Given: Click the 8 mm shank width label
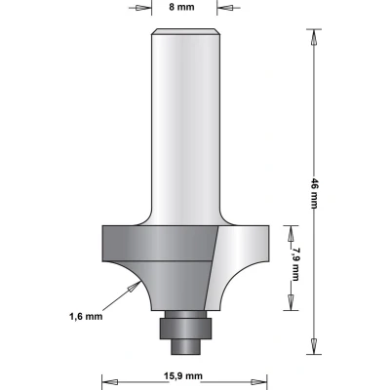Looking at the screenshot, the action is tap(181, 7).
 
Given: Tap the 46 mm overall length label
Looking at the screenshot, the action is tap(314, 193).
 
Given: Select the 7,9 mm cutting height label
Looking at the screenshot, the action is tap(295, 264).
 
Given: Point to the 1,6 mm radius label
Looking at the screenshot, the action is tap(86, 316).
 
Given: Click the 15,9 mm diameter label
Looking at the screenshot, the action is tap(182, 376).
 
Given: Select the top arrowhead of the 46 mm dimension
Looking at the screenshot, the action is tap(314, 38).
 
